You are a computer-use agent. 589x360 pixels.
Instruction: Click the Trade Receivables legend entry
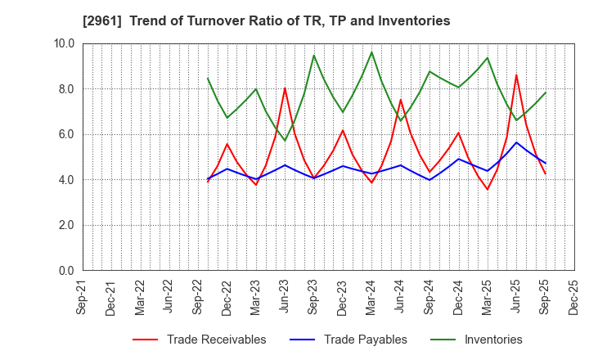(216, 340)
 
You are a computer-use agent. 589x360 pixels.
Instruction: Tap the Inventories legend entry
(492, 340)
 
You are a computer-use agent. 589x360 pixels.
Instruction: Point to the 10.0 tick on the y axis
(64, 43)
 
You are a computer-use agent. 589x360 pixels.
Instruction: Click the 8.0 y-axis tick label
(66, 89)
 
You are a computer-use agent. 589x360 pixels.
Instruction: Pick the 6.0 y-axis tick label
(66, 134)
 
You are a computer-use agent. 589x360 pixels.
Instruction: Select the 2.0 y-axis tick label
(66, 225)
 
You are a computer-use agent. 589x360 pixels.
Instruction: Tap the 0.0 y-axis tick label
(66, 271)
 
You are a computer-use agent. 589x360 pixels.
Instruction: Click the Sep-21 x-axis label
(82, 296)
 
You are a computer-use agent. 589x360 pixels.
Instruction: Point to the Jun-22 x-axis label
(169, 296)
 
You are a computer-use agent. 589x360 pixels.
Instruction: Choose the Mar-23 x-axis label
(256, 296)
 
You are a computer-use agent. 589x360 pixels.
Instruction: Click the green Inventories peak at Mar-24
(371, 52)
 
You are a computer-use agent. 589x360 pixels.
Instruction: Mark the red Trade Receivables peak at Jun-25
(516, 75)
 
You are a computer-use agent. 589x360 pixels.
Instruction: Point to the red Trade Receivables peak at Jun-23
(285, 88)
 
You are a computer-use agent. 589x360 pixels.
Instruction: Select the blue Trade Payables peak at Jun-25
(516, 142)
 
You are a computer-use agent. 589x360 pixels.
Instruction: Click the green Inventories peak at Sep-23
(313, 55)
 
